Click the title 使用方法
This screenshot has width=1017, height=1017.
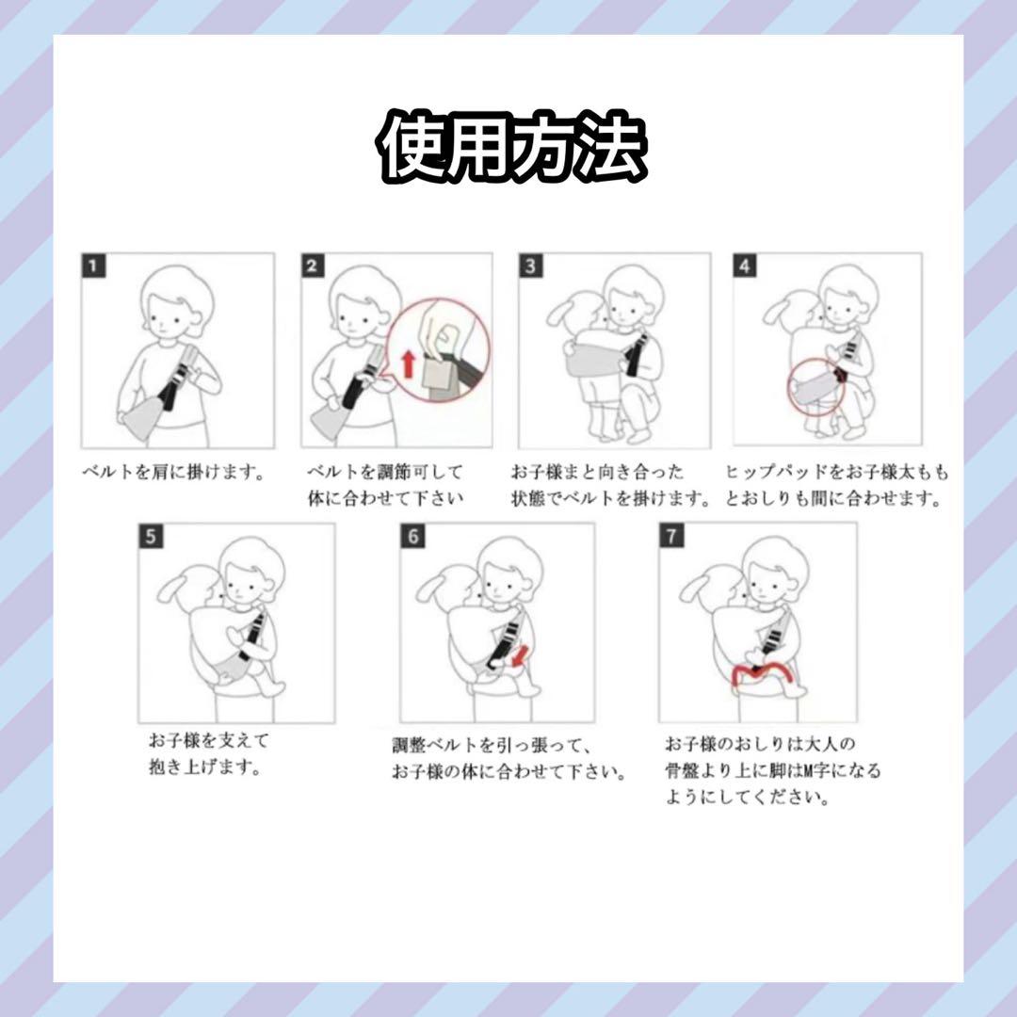(x=511, y=147)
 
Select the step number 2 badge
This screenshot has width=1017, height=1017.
(x=313, y=266)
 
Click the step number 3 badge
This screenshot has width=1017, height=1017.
(x=531, y=266)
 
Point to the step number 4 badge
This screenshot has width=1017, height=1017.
(x=745, y=266)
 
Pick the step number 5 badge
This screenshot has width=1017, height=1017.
(x=151, y=537)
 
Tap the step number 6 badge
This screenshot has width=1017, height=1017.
(x=413, y=537)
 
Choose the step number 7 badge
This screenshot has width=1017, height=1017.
(x=672, y=536)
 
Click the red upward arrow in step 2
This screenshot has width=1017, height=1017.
(x=409, y=363)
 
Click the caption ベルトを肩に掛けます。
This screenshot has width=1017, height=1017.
(x=174, y=472)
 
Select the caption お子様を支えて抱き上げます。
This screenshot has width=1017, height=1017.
(x=208, y=753)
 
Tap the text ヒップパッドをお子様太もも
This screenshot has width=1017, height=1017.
(x=836, y=472)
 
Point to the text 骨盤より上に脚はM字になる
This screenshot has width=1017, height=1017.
(x=773, y=770)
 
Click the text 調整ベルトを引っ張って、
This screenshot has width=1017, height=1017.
(x=492, y=745)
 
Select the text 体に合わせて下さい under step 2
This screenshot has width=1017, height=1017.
(x=386, y=499)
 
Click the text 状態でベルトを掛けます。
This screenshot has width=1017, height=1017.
(x=610, y=499)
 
